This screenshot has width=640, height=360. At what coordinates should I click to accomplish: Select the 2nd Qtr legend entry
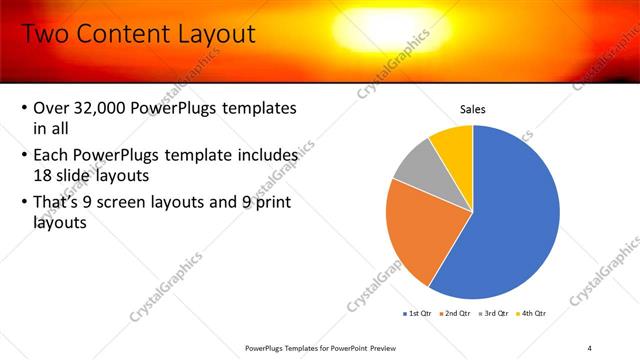455,313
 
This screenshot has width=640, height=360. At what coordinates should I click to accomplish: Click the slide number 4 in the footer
589,347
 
